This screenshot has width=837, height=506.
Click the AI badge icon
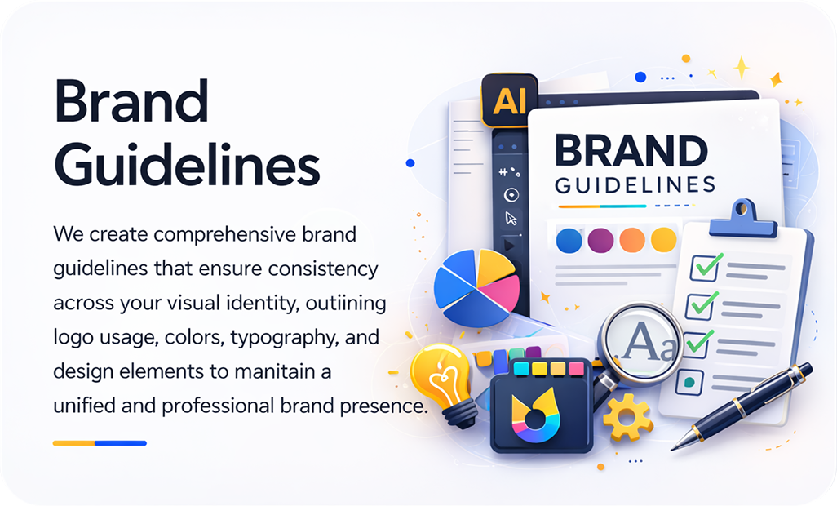click(x=509, y=100)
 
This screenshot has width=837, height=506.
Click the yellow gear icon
click(x=627, y=417)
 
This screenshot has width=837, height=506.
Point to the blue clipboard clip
click(x=742, y=218)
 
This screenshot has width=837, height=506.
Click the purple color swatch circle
click(x=600, y=240)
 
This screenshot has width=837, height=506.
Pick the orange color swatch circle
click(x=632, y=240)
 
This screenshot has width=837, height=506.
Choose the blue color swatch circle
click(x=569, y=240)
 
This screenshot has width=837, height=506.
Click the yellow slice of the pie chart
click(x=494, y=266)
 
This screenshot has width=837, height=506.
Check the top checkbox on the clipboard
click(x=704, y=268)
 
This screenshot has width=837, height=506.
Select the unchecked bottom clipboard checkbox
click(x=689, y=382)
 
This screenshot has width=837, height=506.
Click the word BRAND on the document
click(x=631, y=151)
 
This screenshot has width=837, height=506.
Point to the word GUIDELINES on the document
click(x=635, y=185)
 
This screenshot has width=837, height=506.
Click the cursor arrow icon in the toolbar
click(x=511, y=218)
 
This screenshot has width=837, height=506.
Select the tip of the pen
click(x=672, y=449)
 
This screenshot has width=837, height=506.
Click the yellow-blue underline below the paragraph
click(x=100, y=443)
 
